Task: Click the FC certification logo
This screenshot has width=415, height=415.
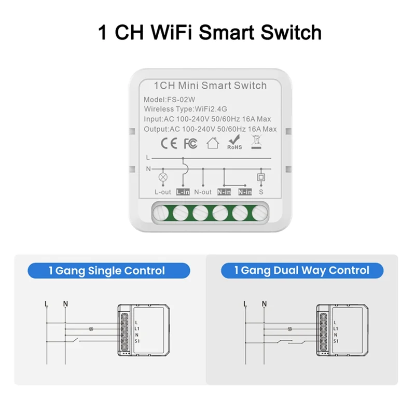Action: coord(190,143)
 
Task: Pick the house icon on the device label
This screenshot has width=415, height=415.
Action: coord(213,143)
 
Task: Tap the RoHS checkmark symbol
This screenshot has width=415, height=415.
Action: coord(234,141)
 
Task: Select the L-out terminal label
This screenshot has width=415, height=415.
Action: coord(162,192)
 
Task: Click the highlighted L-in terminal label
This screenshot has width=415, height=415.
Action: coord(183,192)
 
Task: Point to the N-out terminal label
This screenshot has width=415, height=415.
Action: coord(203,192)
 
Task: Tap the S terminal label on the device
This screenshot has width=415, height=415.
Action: coord(261,192)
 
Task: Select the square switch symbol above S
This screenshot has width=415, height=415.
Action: coord(261,177)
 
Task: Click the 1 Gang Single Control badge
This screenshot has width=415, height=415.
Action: coord(107,270)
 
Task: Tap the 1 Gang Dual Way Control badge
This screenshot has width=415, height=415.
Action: coord(302,270)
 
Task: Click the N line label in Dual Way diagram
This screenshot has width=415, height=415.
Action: coord(265,303)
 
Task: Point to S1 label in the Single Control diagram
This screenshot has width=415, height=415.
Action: coord(137,341)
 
